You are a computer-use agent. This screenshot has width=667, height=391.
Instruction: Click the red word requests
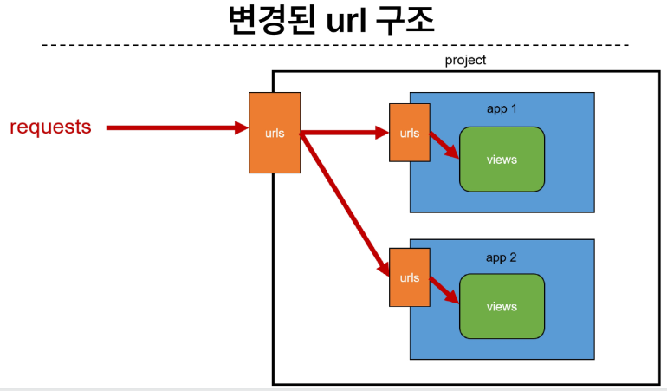click(50, 127)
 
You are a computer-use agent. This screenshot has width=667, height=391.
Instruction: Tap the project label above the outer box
click(465, 61)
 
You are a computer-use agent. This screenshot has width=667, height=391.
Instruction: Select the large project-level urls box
click(275, 133)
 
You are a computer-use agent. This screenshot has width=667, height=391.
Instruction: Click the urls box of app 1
click(409, 133)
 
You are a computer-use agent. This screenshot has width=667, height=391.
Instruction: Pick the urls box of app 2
click(409, 277)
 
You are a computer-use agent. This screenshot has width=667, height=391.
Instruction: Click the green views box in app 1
click(502, 160)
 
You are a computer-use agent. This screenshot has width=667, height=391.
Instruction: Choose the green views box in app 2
click(502, 306)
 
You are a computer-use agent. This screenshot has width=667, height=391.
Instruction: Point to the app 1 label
click(502, 109)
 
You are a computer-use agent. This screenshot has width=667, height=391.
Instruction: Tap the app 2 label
click(501, 257)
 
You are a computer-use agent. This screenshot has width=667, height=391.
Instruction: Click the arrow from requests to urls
click(178, 127)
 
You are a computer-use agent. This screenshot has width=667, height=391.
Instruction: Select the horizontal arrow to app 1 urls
click(345, 133)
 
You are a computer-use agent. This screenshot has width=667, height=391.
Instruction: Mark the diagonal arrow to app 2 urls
click(345, 205)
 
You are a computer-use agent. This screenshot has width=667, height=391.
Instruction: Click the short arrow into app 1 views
click(444, 146)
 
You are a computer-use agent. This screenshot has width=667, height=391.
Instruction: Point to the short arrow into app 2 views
click(444, 290)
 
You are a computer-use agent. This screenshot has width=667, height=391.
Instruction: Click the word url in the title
click(346, 21)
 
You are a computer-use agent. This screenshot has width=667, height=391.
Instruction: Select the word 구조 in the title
click(405, 21)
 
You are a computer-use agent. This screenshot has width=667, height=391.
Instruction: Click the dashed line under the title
click(335, 45)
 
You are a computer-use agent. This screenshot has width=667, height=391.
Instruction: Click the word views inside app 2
click(502, 307)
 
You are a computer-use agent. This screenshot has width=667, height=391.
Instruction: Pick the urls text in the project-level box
click(275, 134)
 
